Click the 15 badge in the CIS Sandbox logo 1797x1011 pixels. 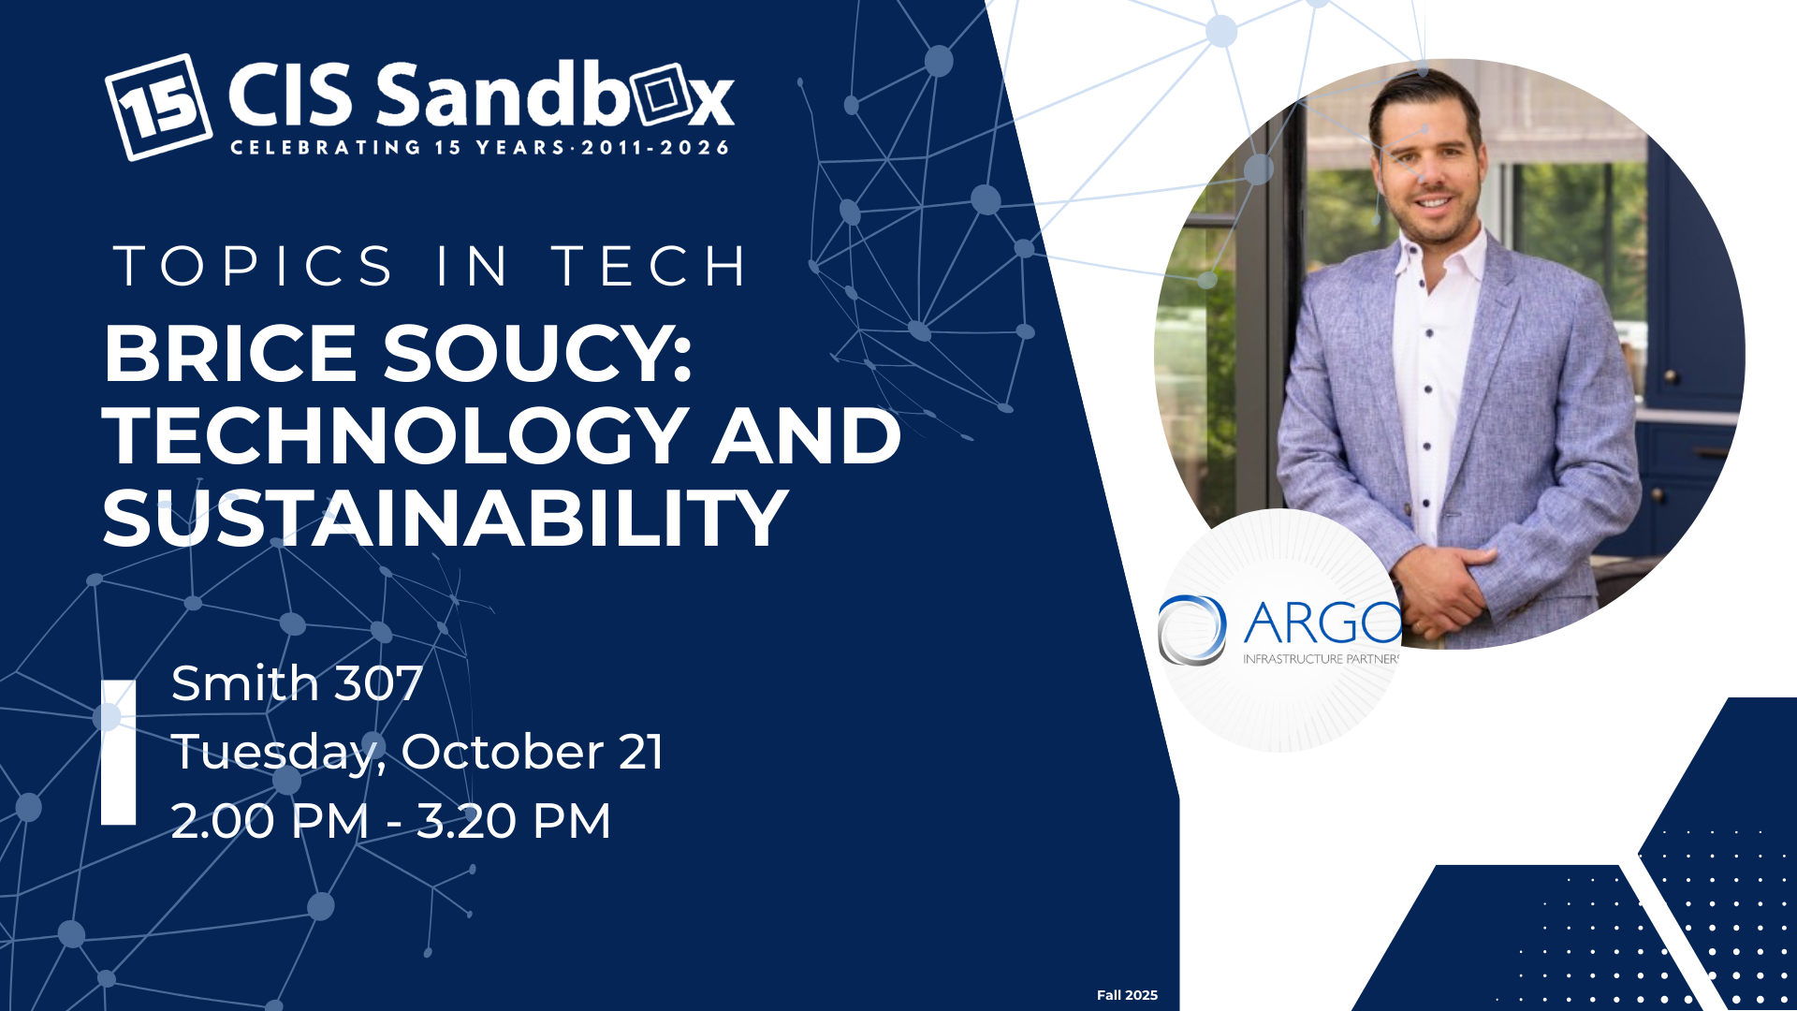tap(157, 107)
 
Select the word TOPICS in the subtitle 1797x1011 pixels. tap(254, 266)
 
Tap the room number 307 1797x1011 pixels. tap(379, 683)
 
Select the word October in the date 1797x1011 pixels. tap(503, 752)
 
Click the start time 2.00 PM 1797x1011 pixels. tap(270, 821)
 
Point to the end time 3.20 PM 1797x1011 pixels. tap(514, 821)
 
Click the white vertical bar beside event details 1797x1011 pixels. tap(119, 753)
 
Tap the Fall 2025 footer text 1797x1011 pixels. tap(1127, 995)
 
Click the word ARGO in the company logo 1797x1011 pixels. tap(1322, 623)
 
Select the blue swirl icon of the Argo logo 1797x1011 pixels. tap(1192, 629)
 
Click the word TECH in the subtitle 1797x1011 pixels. tap(650, 266)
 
